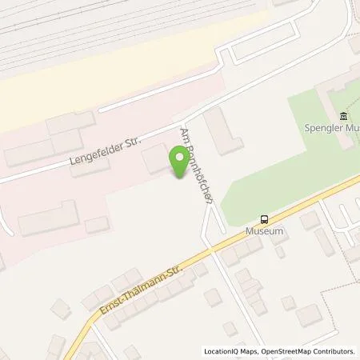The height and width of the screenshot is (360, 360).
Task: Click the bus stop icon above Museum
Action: tap(262, 219)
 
